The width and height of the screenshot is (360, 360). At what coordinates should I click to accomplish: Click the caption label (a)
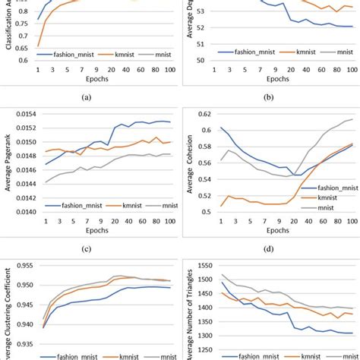click(x=90, y=97)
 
